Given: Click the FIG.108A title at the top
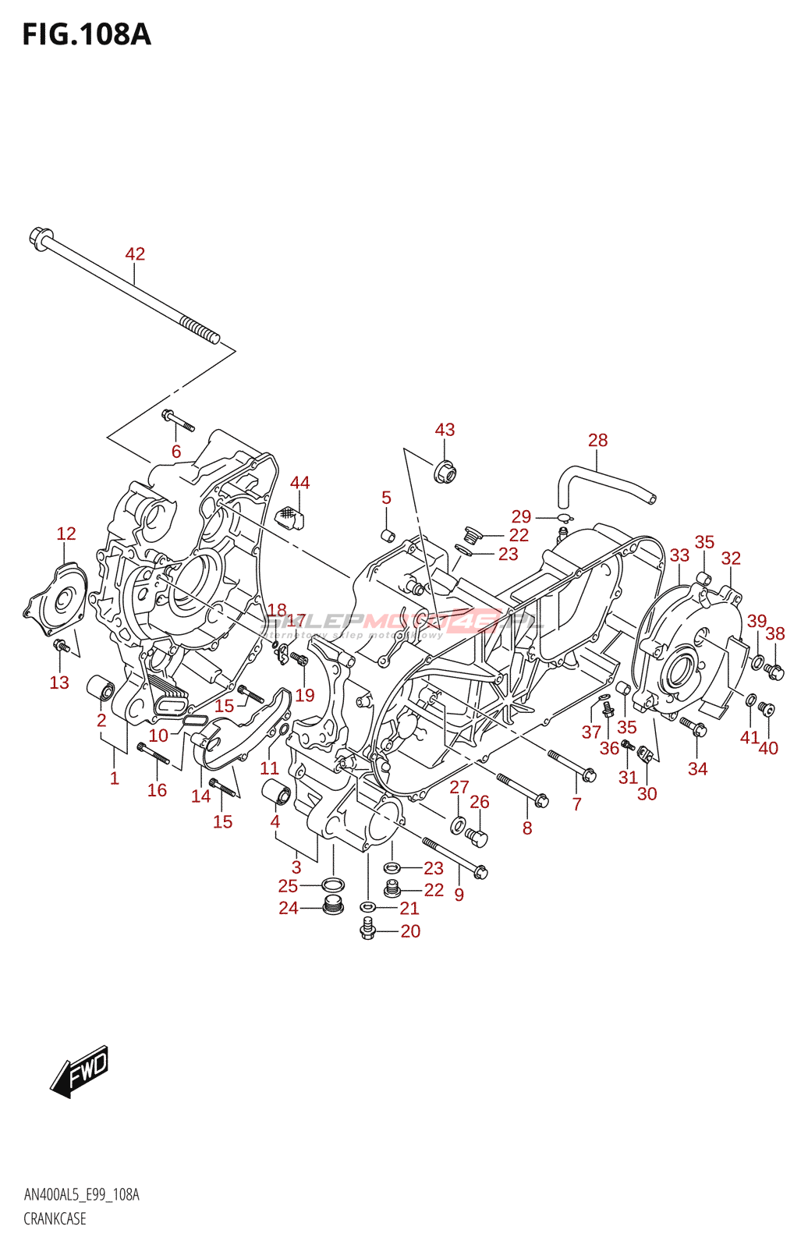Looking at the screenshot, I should point(86,34).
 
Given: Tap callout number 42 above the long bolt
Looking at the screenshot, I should point(135,253).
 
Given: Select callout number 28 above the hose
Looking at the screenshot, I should point(597,440).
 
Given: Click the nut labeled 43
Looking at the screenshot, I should point(445,471).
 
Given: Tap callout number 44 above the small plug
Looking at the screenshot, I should point(299,483).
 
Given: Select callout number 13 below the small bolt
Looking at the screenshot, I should point(59,682).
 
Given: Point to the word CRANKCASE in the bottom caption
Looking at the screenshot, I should point(55,1218).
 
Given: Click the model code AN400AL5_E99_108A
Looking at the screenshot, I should point(81,1195).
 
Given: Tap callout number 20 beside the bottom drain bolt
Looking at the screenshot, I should point(410,931).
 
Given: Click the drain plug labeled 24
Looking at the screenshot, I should point(333,906).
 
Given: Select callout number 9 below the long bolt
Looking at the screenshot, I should point(459,895).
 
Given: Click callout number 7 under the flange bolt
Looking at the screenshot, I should point(577,803).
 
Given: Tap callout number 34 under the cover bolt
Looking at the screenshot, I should point(697,768).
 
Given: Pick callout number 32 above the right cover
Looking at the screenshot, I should point(731,558).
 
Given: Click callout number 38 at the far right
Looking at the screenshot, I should point(774,633).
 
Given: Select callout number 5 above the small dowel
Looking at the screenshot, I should point(386,498).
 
